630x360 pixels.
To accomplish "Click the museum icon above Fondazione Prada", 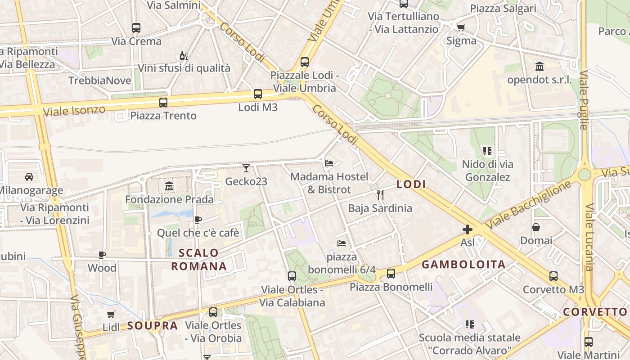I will pos(169,185).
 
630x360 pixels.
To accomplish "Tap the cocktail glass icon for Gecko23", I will pos(246,168).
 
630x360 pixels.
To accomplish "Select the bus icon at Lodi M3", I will pos(257,94).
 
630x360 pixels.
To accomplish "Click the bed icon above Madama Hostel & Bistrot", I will pos(329,163).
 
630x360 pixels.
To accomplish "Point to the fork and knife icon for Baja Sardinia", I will pos(380,194).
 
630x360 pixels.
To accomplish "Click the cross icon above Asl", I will pos(468,230).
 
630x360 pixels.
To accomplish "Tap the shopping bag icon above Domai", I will pos(535,227).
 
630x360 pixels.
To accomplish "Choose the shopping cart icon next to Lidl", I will pos(111,314).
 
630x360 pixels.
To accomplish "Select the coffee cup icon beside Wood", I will pos(102,255).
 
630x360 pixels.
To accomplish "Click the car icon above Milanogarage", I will pos(29,176).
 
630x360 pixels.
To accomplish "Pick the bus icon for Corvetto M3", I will pos(553,276).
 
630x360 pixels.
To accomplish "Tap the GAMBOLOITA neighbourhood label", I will pos(463,265).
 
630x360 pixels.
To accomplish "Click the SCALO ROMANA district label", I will pos(199,260).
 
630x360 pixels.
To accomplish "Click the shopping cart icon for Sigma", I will pos(461,28).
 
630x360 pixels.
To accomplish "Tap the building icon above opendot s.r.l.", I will pos(539,67).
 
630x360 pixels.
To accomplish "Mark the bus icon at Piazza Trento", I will pos(163,102).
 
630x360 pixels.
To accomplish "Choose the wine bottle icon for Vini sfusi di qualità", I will pos(184,55).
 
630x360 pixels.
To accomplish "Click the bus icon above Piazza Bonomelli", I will pos(391,273).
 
